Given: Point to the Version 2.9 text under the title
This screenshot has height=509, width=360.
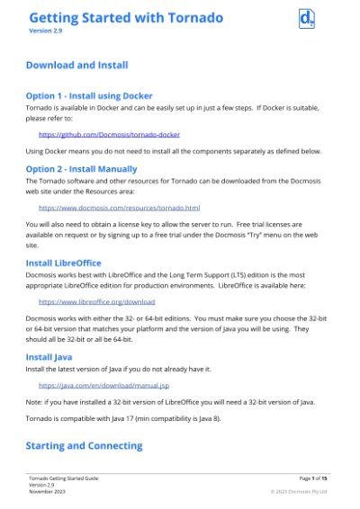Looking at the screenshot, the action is point(45,31).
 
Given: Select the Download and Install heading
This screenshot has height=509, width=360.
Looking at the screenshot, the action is point(76,65).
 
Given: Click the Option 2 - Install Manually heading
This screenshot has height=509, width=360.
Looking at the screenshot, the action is point(81,168).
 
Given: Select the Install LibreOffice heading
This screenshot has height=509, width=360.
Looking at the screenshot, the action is point(63,263).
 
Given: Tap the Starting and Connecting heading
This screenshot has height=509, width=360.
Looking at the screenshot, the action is point(84,445).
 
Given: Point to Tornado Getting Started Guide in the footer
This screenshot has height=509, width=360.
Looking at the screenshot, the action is point(63,478).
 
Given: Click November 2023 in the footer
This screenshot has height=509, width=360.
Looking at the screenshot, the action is point(47,492).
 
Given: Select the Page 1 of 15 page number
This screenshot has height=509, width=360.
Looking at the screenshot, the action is point(312,478).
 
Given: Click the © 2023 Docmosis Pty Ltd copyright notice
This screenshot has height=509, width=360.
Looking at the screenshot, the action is point(299,492).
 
